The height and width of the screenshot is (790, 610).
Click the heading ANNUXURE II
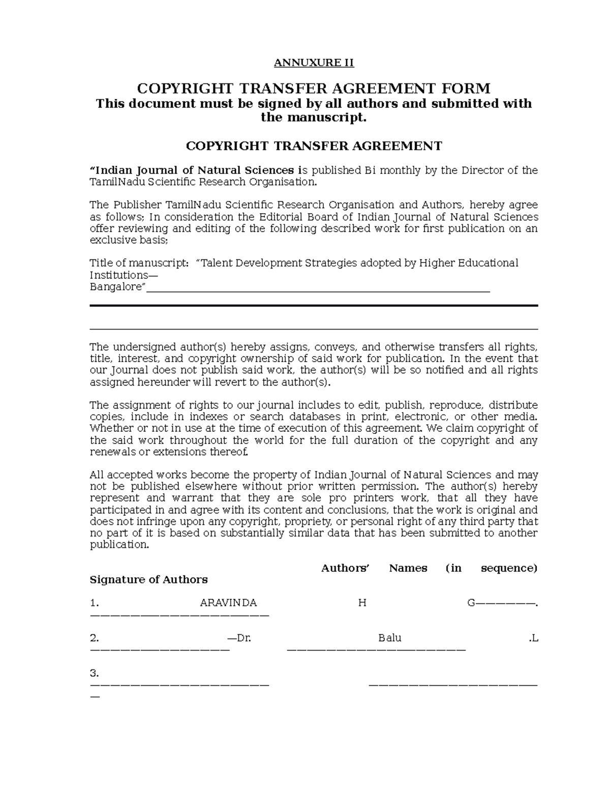(x=314, y=63)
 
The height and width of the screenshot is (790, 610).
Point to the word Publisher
(x=137, y=205)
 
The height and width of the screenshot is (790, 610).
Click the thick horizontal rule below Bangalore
(x=314, y=305)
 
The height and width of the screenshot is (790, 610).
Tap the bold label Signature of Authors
(x=148, y=580)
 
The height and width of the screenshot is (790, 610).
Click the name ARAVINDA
(x=228, y=603)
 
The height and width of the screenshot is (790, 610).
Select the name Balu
(x=390, y=638)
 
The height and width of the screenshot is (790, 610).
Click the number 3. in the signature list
(x=94, y=674)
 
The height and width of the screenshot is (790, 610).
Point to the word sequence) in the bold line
(x=509, y=568)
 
